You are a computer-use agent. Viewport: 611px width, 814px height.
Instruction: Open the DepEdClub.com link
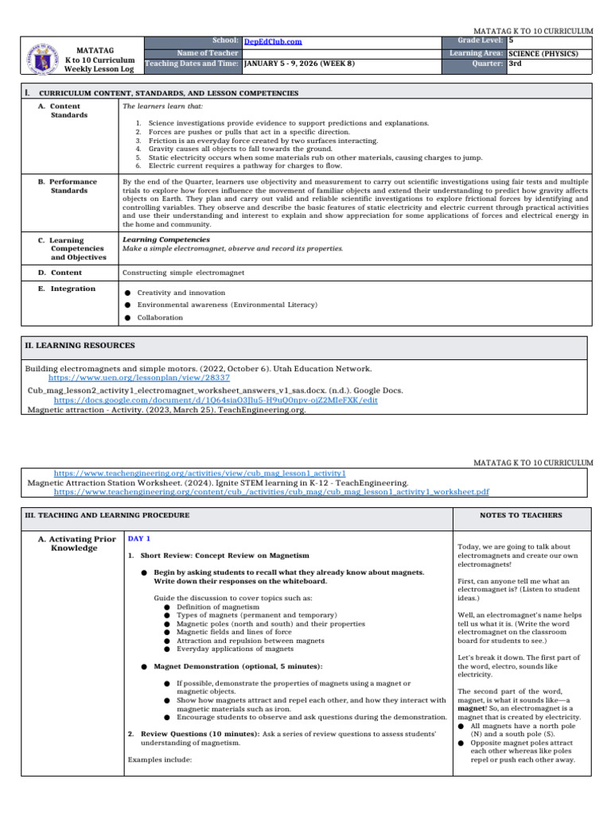tap(273, 41)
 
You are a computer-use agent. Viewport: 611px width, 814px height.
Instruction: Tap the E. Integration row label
tap(72, 289)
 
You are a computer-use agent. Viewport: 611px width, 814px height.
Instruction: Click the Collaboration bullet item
tap(160, 318)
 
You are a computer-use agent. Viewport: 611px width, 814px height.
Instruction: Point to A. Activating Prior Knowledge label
tap(76, 544)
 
